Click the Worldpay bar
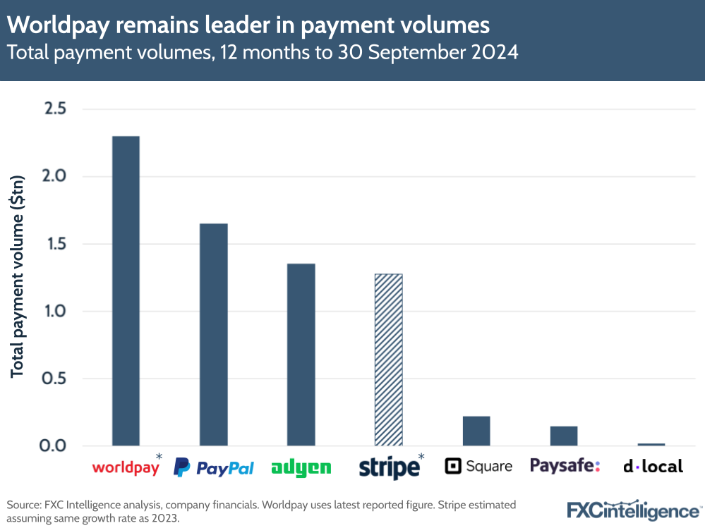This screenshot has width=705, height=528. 126,290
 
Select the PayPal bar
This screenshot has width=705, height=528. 213,334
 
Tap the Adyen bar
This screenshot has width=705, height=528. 301,355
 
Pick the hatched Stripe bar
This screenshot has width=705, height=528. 389,360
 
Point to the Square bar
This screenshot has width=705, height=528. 476,431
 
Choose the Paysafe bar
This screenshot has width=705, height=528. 564,436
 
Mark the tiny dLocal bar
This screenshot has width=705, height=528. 651,444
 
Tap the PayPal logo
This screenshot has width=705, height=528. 214,467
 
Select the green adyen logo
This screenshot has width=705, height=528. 301,467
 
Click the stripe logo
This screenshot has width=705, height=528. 388,467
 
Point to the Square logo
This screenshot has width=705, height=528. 478,466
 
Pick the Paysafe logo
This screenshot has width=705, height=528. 565,465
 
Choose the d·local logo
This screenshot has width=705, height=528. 653,466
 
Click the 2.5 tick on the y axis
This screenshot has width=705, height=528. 55,109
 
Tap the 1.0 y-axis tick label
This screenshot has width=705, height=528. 55,312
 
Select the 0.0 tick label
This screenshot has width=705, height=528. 55,446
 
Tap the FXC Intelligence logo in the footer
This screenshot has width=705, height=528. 633,509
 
